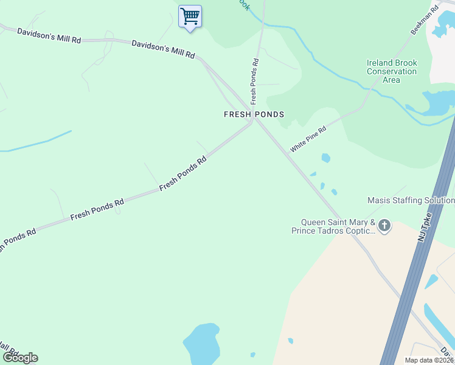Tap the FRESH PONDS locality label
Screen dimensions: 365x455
[254, 114]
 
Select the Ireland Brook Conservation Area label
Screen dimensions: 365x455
[392, 71]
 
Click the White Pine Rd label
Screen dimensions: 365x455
[308, 139]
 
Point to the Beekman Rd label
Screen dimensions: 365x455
[425, 21]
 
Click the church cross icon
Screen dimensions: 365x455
[384, 226]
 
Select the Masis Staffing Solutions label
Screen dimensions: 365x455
[411, 200]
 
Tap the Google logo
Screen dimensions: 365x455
[19, 358]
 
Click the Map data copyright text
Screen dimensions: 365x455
[429, 360]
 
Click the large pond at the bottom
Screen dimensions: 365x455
[202, 344]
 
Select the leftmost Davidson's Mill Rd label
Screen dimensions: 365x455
[49, 35]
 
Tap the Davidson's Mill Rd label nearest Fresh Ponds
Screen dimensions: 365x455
[163, 49]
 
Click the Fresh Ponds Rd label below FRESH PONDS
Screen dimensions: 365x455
[183, 173]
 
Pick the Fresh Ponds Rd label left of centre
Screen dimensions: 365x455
[97, 208]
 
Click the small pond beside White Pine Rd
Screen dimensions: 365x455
[325, 158]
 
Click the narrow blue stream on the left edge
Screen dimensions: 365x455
[36, 143]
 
